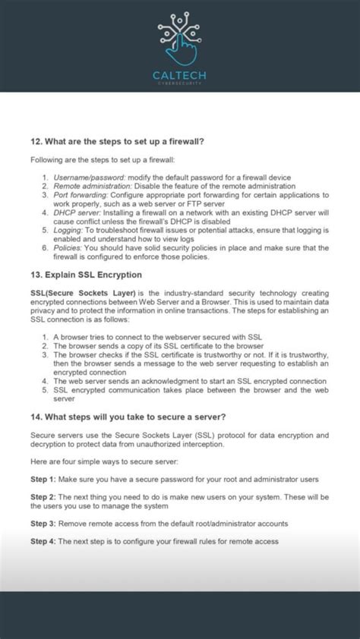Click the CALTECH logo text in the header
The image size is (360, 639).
179,75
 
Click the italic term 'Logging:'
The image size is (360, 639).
68,230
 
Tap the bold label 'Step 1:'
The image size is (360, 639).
43,479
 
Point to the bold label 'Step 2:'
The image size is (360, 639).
43,496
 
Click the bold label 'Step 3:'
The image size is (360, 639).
43,524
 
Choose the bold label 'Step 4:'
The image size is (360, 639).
43,541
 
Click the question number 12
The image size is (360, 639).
36,140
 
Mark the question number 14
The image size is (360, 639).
36,416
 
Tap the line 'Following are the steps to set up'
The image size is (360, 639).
103,159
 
